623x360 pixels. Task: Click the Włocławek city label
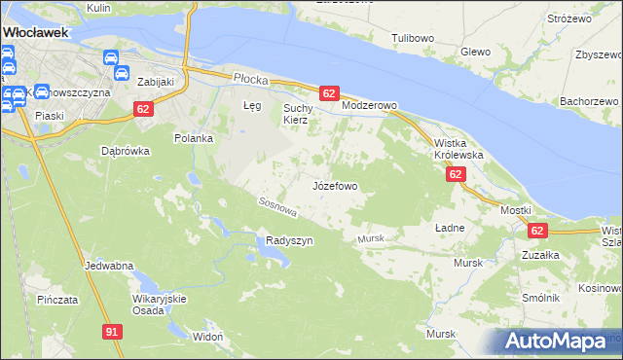point(35,32)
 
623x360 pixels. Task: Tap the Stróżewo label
point(569,18)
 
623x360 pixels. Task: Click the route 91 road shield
point(112,332)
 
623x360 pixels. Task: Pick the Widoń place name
point(208,336)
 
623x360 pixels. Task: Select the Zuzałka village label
point(539,254)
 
